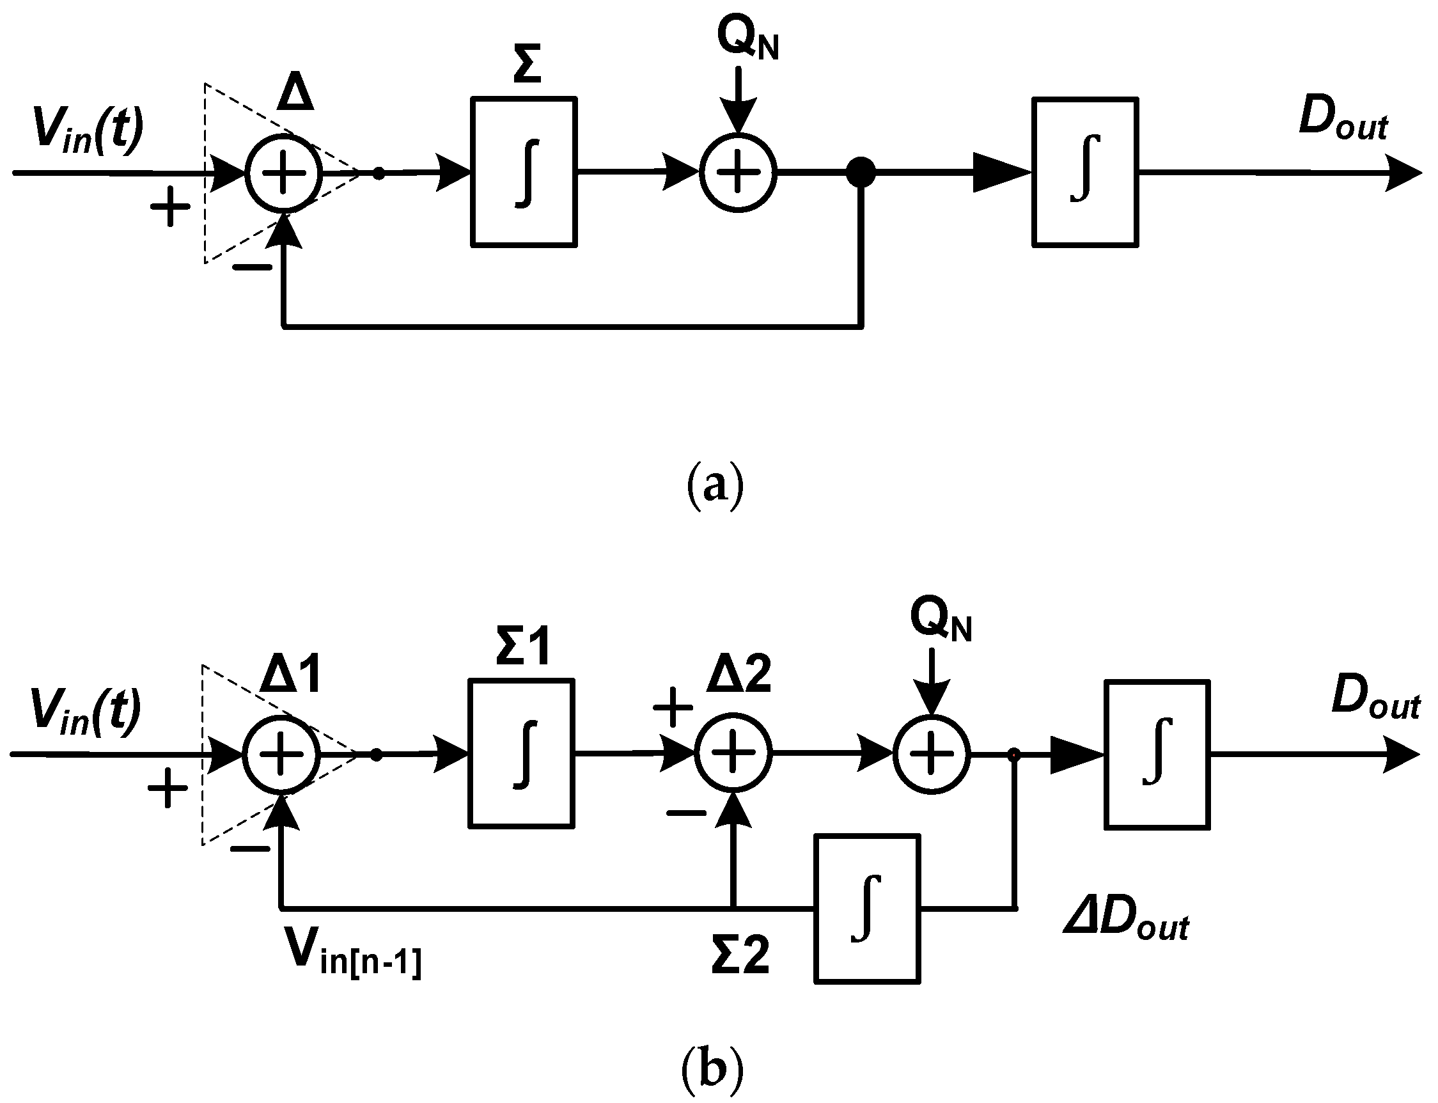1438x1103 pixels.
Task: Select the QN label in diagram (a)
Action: point(747,40)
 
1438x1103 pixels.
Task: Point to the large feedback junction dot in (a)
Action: point(861,173)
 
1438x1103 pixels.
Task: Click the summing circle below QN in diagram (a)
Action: point(738,173)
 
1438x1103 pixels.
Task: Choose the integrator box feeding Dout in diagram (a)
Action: point(1085,173)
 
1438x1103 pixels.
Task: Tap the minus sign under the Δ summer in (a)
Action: point(251,267)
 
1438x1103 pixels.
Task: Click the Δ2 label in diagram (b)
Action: point(739,676)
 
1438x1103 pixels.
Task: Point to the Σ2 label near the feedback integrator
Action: point(740,955)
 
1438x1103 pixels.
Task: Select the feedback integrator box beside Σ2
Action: point(867,909)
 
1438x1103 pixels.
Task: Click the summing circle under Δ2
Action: point(733,755)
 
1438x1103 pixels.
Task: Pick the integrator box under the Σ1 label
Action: point(521,754)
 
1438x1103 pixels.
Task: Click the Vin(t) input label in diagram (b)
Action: point(86,713)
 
